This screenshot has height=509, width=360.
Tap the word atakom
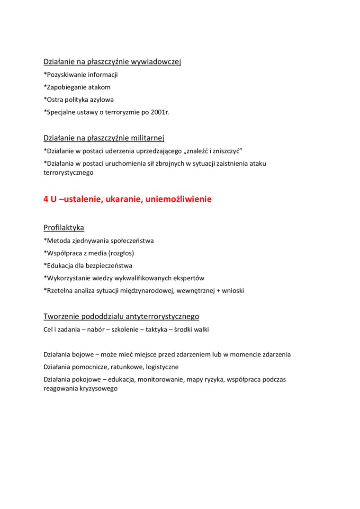click(99, 87)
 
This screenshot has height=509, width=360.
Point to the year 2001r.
click(159, 112)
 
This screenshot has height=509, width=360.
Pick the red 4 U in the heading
click(50, 199)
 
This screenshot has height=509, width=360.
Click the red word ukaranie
click(123, 199)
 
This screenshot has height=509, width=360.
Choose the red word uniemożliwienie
click(179, 199)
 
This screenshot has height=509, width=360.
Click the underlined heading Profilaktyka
click(64, 227)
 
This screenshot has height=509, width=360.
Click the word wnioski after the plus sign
click(232, 290)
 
